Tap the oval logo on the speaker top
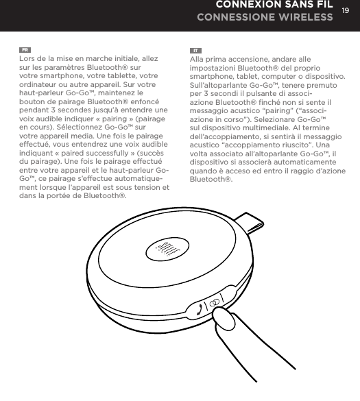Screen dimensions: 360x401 [x=164, y=248]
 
